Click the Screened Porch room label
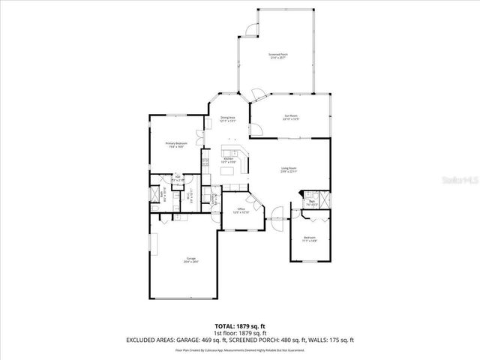278,55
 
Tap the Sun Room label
291,117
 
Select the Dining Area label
228,119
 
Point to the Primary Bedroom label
176,144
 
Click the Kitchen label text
229,160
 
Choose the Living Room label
289,169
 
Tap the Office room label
241,211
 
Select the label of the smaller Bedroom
310,239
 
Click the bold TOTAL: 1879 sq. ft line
240,325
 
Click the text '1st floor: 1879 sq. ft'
240,333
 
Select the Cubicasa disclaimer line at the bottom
240,349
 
